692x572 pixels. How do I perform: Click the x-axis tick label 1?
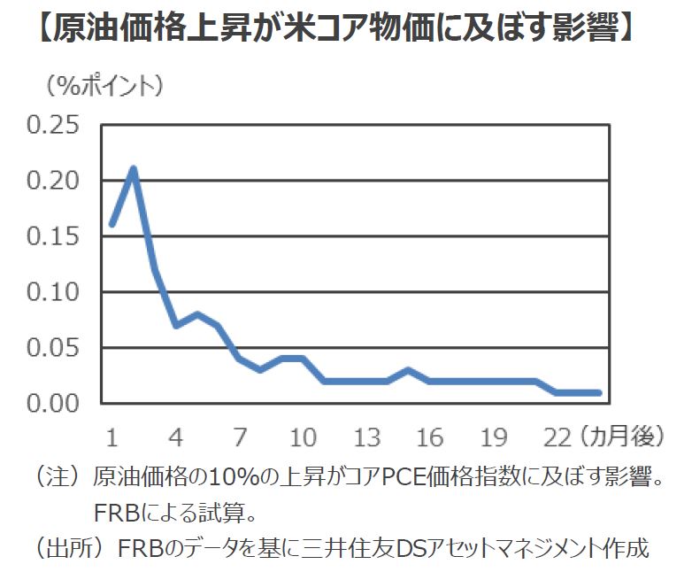pyautogui.click(x=111, y=437)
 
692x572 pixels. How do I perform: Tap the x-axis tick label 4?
pyautogui.click(x=175, y=437)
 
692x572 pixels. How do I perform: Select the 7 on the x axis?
pyautogui.click(x=239, y=437)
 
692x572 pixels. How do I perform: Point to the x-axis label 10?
pyautogui.click(x=303, y=437)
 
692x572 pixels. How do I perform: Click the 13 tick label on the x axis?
pyautogui.click(x=366, y=437)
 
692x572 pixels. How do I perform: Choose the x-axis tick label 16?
pyautogui.click(x=430, y=437)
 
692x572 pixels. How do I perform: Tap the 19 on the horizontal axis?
pyautogui.click(x=494, y=437)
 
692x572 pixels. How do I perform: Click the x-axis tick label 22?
pyautogui.click(x=557, y=437)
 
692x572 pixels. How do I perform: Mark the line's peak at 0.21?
pyautogui.click(x=133, y=168)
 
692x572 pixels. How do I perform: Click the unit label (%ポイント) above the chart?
pyautogui.click(x=100, y=85)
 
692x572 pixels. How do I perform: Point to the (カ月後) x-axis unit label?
pyautogui.click(x=624, y=437)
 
